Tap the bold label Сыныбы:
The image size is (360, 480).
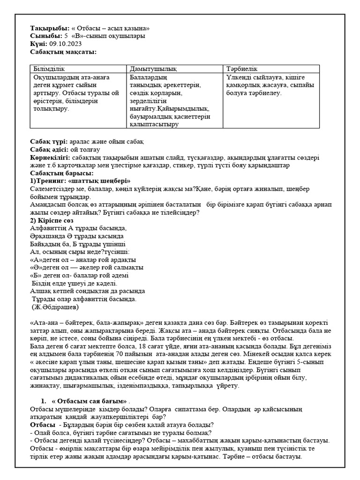click(x=46, y=36)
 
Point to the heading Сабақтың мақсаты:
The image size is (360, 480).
click(x=63, y=51)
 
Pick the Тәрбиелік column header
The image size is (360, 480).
click(x=242, y=69)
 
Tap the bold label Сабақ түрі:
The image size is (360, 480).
click(x=49, y=141)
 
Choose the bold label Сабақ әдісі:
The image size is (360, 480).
click(x=50, y=149)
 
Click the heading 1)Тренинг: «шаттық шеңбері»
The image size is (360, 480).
click(x=80, y=181)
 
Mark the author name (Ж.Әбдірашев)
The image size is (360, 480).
click(x=55, y=307)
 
